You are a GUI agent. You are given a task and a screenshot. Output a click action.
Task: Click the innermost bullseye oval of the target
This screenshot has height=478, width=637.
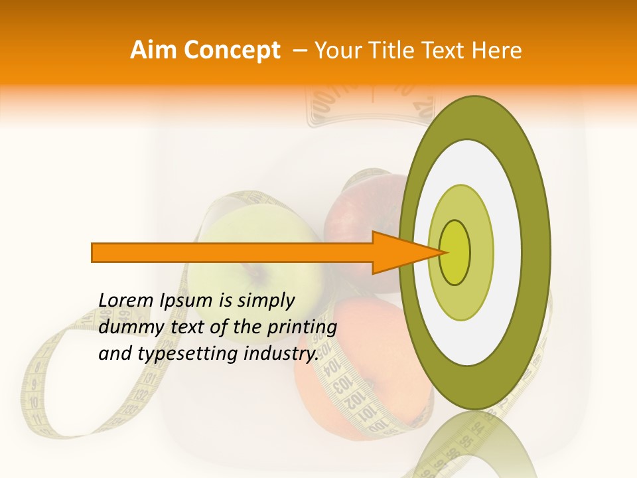(x=455, y=252)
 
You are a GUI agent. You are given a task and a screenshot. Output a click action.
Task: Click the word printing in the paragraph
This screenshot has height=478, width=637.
(x=303, y=327)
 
